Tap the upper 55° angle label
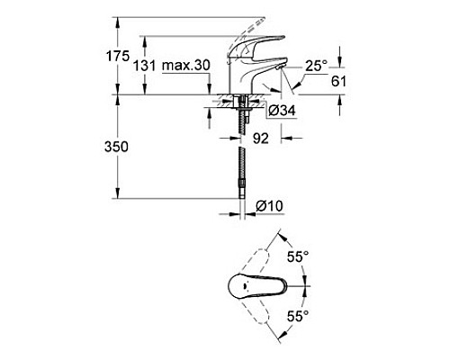[x=300, y=256]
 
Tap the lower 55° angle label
[x=300, y=316]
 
